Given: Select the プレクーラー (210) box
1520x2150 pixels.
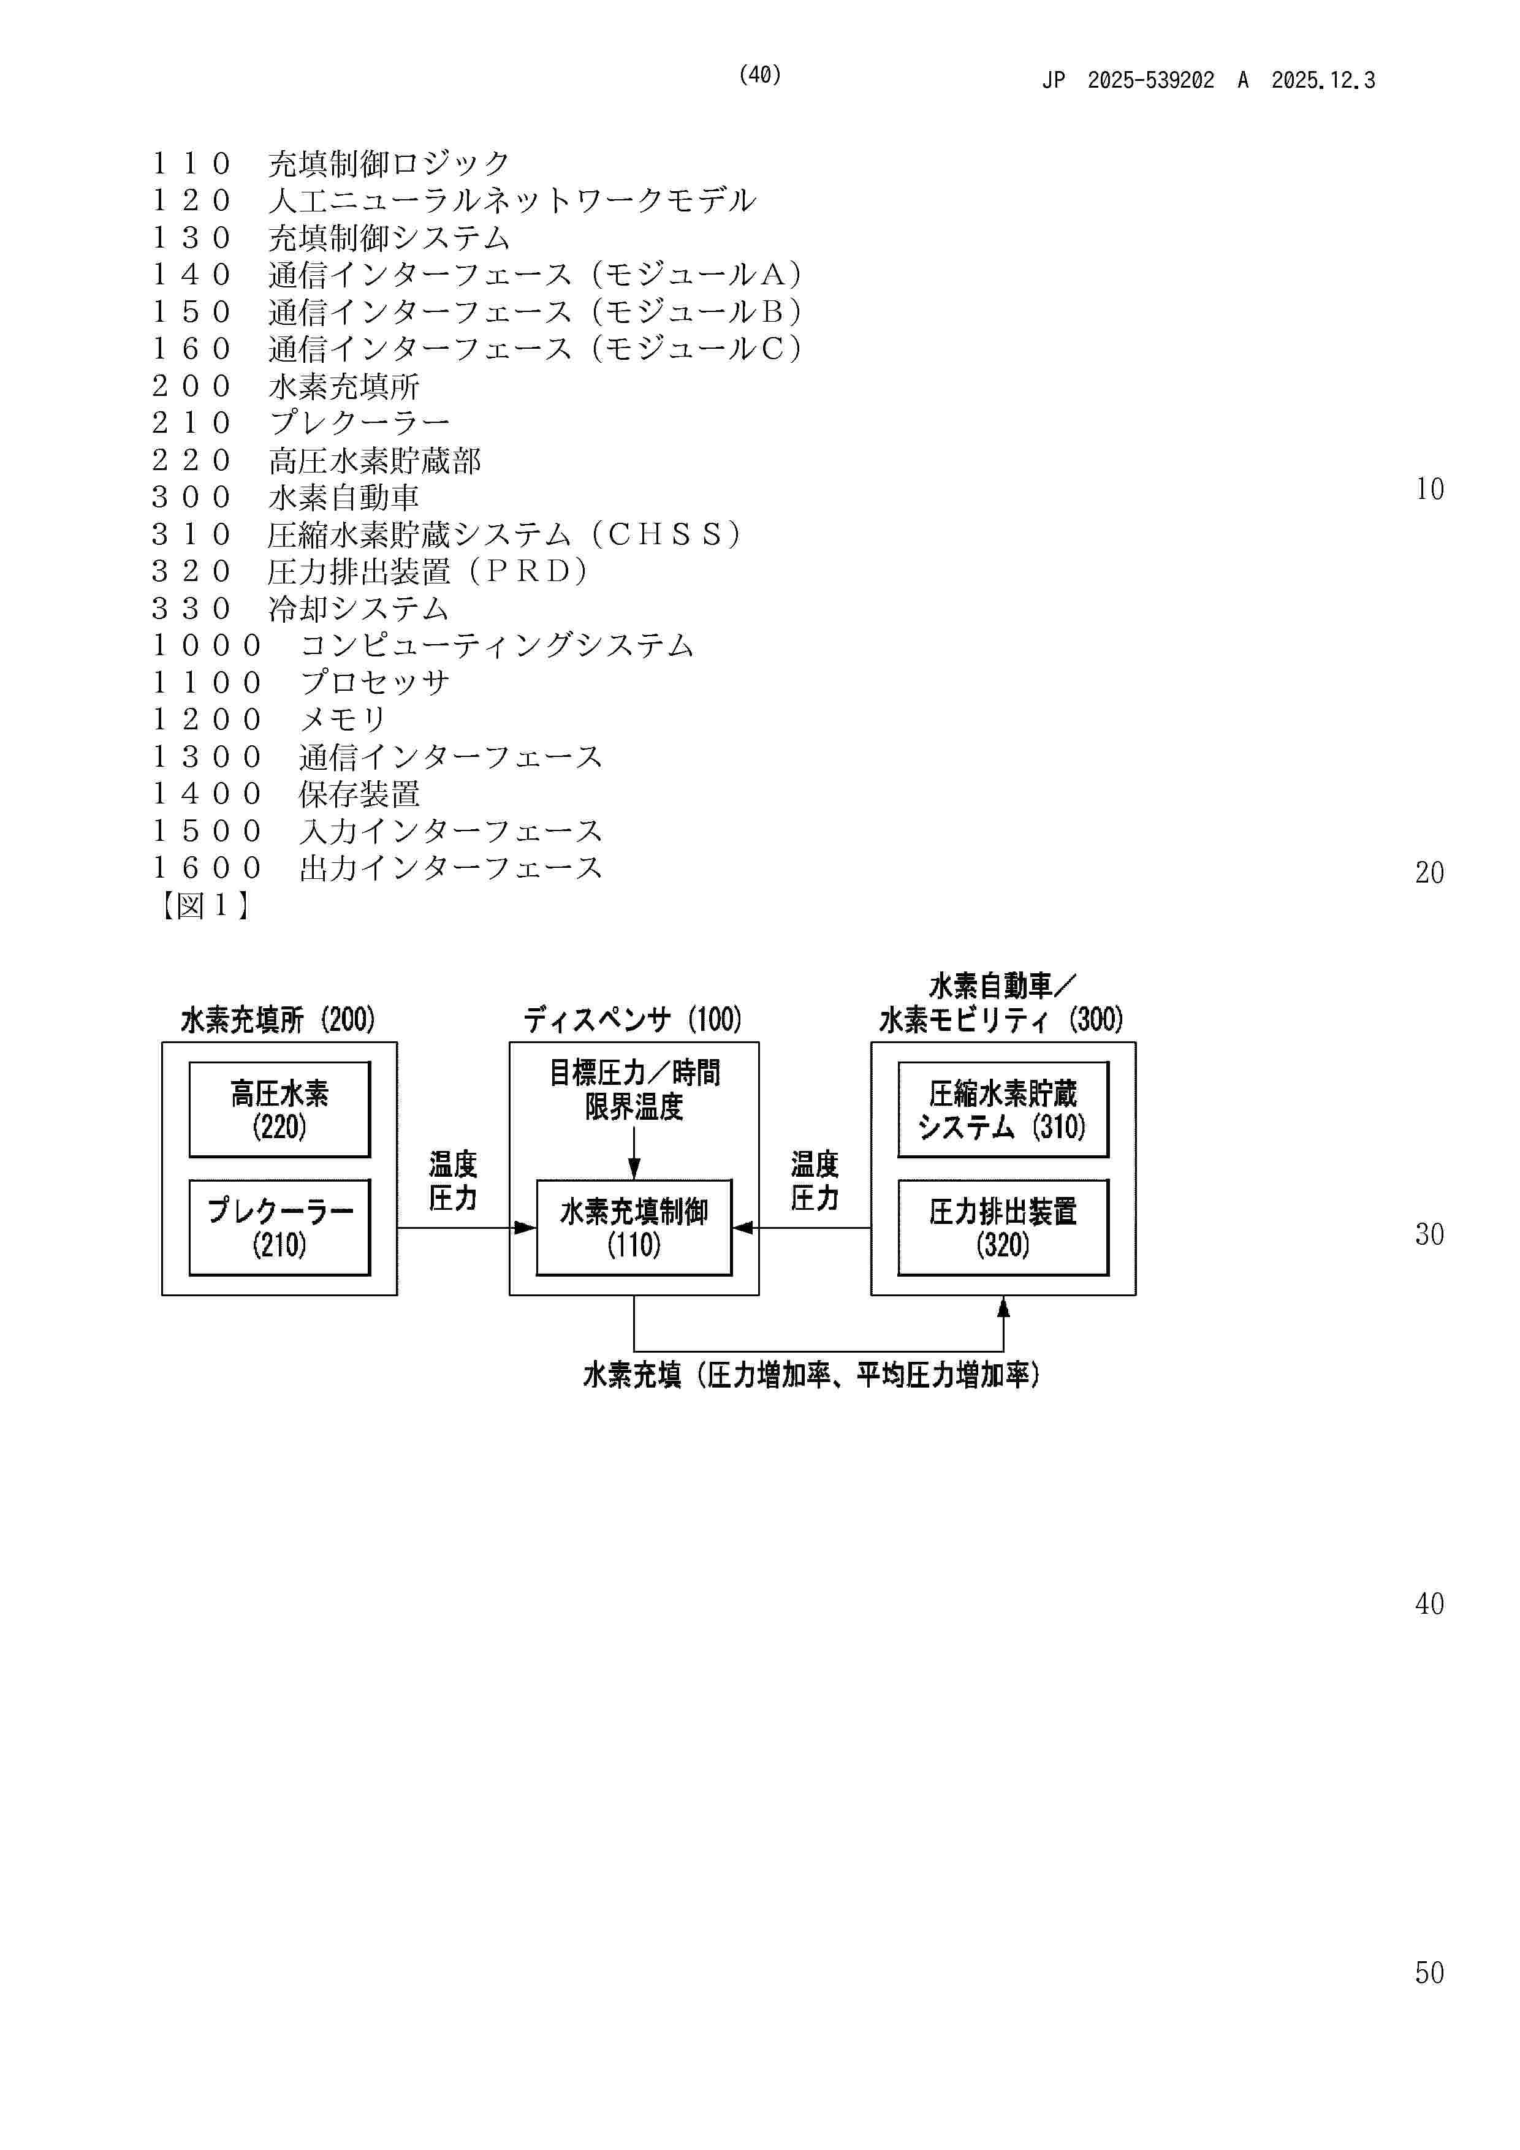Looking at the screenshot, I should (279, 1227).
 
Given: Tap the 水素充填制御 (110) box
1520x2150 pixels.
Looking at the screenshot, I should (633, 1227).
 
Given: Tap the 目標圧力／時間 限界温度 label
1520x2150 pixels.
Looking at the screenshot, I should (634, 1089).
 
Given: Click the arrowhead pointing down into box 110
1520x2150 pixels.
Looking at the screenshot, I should (634, 1169).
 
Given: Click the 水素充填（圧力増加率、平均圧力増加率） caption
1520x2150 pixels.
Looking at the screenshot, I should (811, 1375).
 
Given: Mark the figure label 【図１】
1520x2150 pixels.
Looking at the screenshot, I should (203, 905).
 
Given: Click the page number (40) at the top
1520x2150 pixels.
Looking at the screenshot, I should (759, 75).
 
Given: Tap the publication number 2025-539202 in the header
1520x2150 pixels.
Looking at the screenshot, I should (1150, 80).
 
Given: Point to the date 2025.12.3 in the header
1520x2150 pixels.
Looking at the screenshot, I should (1323, 80).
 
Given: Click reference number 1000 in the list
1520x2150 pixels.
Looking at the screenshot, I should (207, 645).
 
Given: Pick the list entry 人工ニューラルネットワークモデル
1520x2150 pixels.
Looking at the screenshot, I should (511, 200).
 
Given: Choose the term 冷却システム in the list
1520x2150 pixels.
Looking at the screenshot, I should (359, 609).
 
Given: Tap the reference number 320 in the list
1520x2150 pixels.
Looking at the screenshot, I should (191, 571).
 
